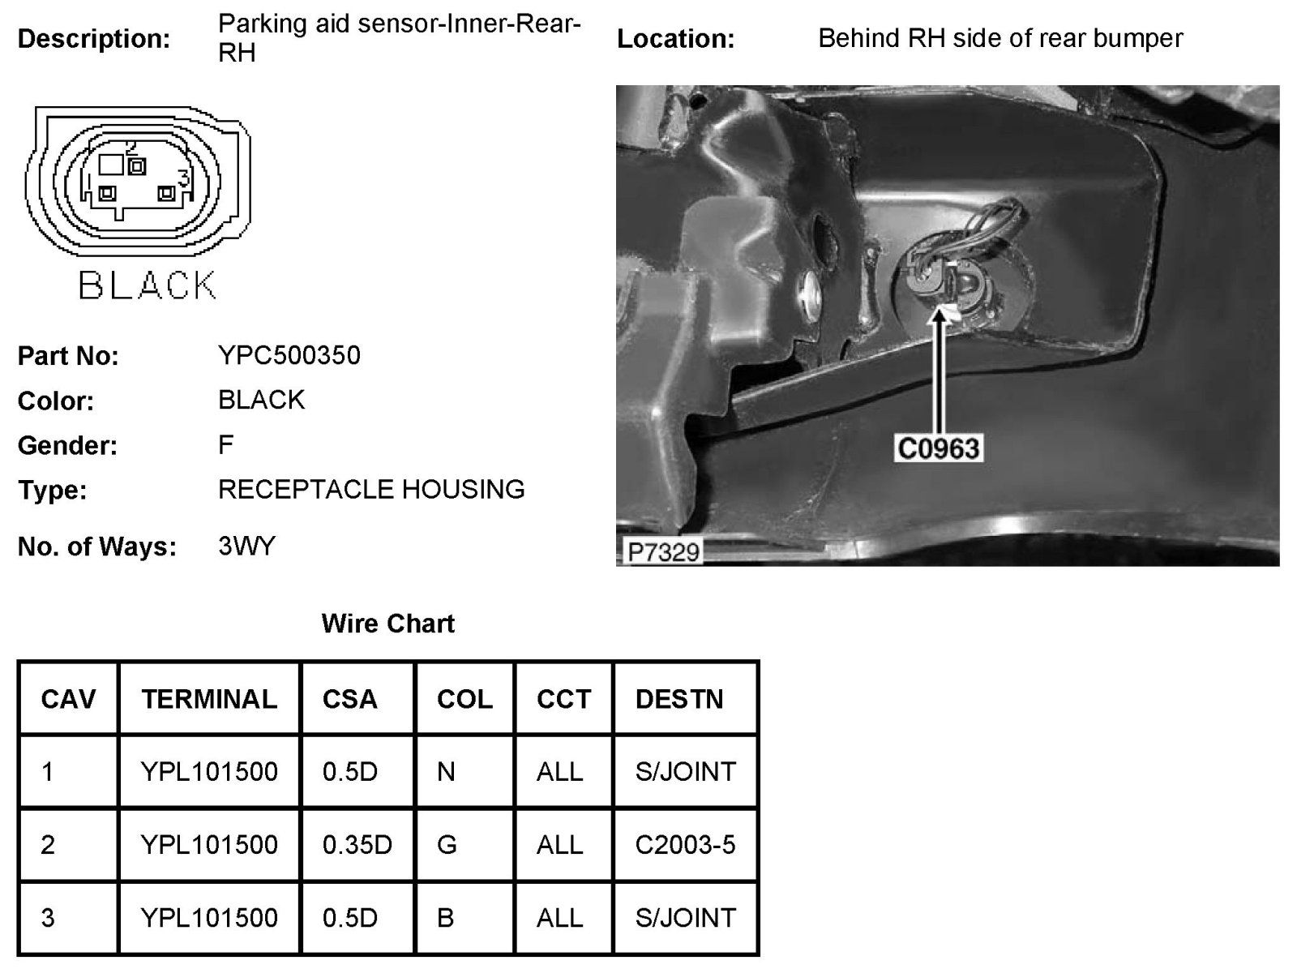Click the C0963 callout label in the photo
938,448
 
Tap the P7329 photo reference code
663,552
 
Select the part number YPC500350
289,355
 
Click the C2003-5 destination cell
685,845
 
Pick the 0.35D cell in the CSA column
357,845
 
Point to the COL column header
464,699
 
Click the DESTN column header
678,699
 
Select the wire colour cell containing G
447,845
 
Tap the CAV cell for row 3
48,918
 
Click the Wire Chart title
387,624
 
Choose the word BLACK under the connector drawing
147,285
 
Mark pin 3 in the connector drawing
167,194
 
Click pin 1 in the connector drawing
106,194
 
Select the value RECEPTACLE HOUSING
371,490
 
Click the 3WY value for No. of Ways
246,546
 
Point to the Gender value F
226,444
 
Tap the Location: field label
675,39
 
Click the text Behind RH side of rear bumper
1000,38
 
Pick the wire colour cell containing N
446,771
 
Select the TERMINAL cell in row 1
209,771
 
